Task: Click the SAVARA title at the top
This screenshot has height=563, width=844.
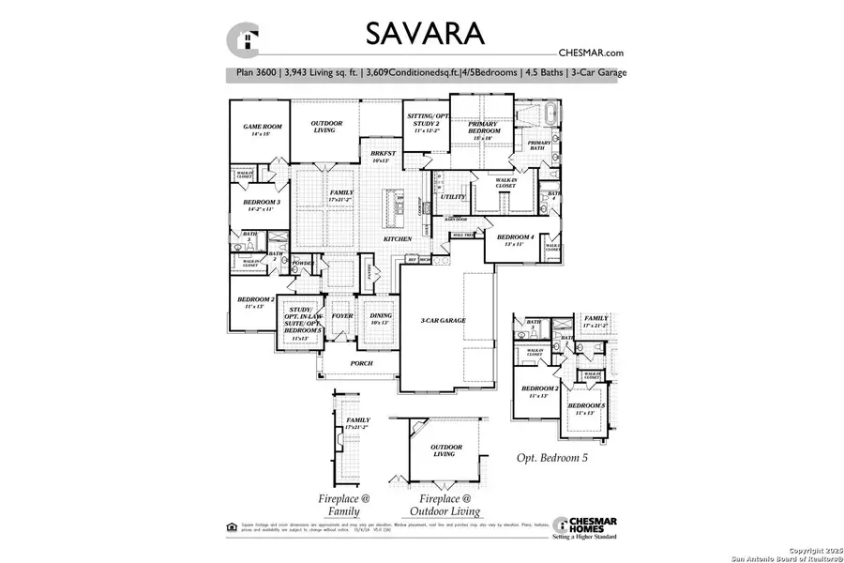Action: tap(425, 34)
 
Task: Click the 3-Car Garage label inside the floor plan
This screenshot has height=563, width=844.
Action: tap(443, 321)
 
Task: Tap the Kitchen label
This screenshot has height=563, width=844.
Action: tap(397, 240)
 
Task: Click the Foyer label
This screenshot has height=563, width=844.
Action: tap(341, 316)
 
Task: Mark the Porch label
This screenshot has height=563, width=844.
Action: tap(360, 363)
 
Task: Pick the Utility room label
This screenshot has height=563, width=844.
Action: tap(453, 197)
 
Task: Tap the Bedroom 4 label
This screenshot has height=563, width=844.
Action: tap(515, 239)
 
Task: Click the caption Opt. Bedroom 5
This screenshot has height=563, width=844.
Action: tap(561, 458)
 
